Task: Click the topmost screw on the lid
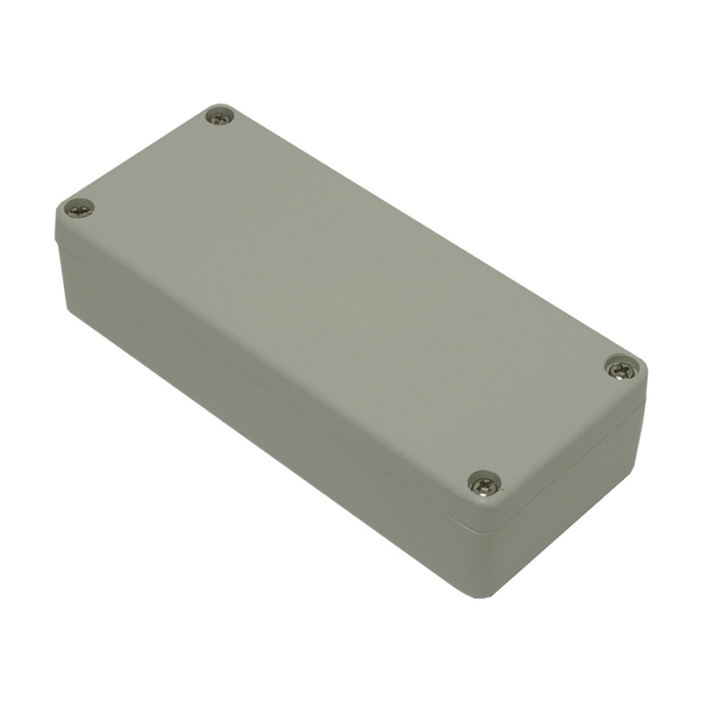click(x=219, y=116)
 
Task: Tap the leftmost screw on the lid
click(x=79, y=209)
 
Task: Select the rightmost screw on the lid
click(x=621, y=369)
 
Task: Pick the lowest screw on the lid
click(x=484, y=482)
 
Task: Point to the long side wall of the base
click(x=263, y=395)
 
